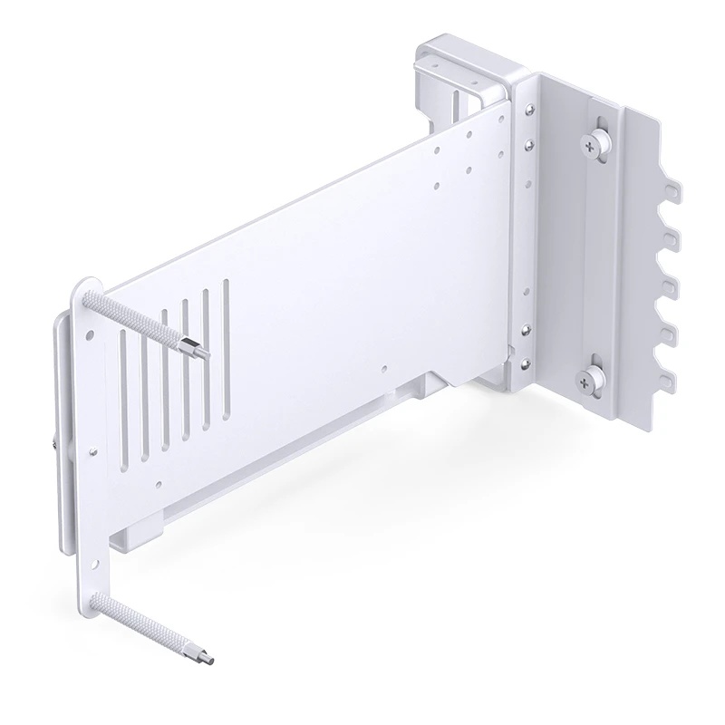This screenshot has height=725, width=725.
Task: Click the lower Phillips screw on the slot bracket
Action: (x=594, y=379)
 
